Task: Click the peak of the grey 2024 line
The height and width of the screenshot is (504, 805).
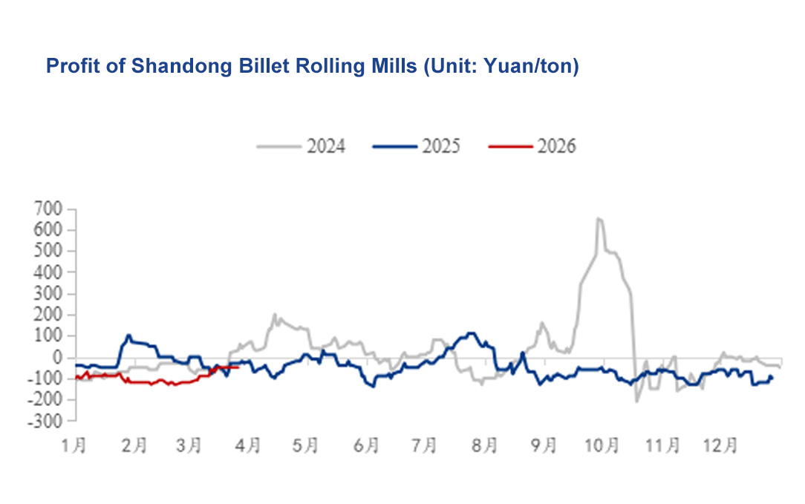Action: [599, 218]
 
